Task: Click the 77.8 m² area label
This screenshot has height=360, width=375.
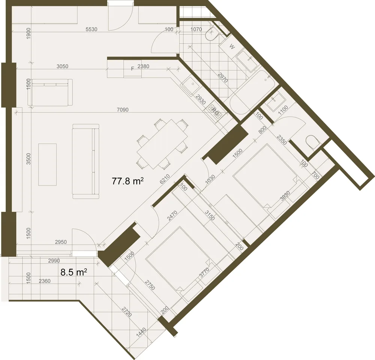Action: coord(128,181)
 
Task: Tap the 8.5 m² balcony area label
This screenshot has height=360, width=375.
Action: coord(73,272)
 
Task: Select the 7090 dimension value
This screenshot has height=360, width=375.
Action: coord(123,109)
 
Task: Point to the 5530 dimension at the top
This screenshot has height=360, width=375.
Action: coord(91,29)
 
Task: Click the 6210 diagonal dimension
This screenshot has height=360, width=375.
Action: coord(165,179)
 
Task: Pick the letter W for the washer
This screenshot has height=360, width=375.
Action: coord(232,46)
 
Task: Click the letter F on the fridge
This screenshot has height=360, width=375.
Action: coord(133,69)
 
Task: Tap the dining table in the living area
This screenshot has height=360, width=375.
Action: coord(162,144)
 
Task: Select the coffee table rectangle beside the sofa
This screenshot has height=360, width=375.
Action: coord(47,165)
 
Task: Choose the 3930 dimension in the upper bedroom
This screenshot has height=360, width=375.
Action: coord(285,196)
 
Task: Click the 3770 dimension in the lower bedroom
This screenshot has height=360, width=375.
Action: coord(205,273)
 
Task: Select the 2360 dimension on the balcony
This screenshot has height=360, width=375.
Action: coord(45,281)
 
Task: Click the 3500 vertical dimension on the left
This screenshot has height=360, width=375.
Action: coord(28,159)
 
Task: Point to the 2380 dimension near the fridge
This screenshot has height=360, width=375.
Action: coord(143,66)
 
